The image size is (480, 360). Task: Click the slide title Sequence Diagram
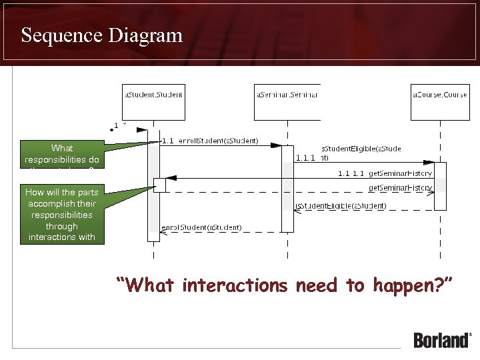(x=101, y=35)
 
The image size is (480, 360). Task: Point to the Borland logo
(x=442, y=339)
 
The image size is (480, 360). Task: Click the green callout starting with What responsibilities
(x=62, y=154)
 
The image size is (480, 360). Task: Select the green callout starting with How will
(x=62, y=214)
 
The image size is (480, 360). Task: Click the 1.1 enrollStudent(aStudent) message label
(x=211, y=141)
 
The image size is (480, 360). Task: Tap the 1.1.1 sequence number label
(x=305, y=158)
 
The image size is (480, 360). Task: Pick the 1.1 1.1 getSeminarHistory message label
(x=385, y=173)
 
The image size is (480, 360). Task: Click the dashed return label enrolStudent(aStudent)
(x=201, y=227)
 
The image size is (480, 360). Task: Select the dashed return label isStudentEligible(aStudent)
(x=341, y=205)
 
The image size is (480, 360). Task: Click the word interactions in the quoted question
(x=235, y=285)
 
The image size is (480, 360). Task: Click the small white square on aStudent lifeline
(x=159, y=185)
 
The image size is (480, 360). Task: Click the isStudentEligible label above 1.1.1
(x=361, y=149)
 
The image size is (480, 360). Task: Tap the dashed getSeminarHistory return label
(x=401, y=188)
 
